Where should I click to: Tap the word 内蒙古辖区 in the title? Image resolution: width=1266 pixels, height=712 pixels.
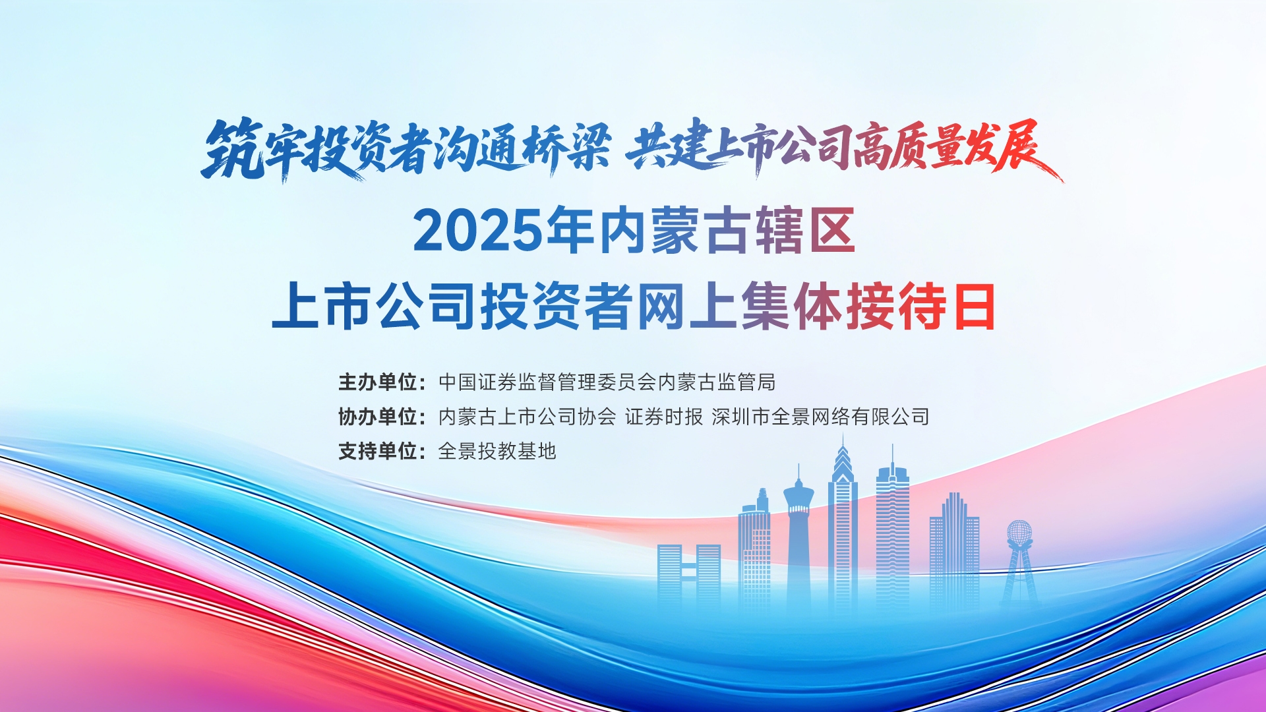click(x=727, y=230)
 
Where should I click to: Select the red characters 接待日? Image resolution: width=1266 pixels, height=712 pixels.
click(x=921, y=307)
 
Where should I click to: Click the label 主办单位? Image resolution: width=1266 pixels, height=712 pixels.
click(x=378, y=382)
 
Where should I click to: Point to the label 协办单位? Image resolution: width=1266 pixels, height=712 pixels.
click(x=378, y=417)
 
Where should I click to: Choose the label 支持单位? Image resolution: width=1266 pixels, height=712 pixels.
click(x=378, y=451)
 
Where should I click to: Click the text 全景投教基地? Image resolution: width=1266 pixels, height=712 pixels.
click(x=497, y=451)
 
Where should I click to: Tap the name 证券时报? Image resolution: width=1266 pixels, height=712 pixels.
click(x=664, y=417)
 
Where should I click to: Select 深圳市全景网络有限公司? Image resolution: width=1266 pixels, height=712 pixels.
click(x=820, y=417)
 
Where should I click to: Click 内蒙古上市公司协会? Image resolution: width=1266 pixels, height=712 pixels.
click(x=527, y=417)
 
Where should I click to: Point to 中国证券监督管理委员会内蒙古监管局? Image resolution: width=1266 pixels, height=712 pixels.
click(x=607, y=382)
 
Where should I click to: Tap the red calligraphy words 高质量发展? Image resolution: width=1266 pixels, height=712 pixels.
click(x=956, y=148)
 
